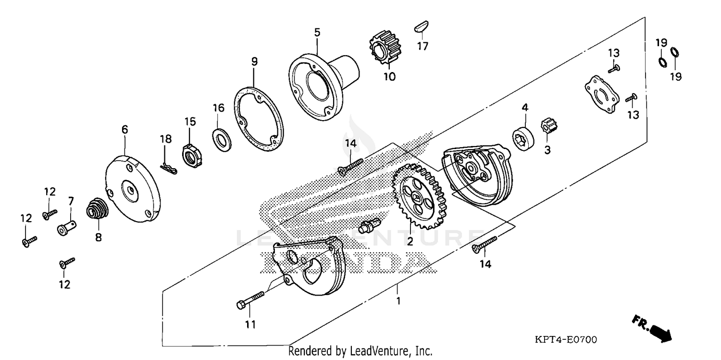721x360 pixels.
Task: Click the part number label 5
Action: click(x=317, y=32)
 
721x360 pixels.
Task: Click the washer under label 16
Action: click(x=221, y=139)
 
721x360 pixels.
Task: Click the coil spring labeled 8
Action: click(x=98, y=210)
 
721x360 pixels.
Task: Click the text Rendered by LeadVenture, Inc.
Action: click(x=360, y=351)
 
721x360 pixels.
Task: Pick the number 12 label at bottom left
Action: click(x=64, y=285)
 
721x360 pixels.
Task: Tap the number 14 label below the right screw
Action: click(x=485, y=264)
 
